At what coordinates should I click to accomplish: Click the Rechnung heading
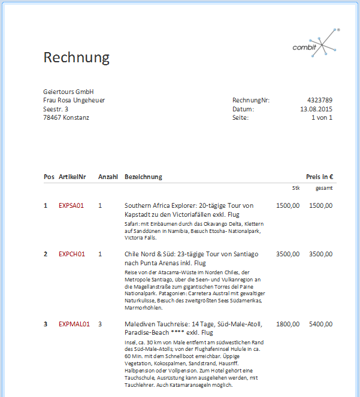click(77, 57)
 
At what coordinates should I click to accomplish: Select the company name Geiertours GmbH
click(69, 92)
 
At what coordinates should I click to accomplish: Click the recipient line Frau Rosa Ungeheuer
click(74, 100)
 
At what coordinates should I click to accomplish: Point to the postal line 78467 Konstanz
click(66, 117)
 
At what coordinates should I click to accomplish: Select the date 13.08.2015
click(316, 109)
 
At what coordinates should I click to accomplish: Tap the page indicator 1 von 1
click(322, 117)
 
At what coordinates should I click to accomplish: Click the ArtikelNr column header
click(72, 177)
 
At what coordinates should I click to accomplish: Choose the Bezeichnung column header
click(143, 177)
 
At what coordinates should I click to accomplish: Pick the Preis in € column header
click(319, 177)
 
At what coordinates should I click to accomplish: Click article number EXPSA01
click(71, 205)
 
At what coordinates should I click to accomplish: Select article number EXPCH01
click(72, 254)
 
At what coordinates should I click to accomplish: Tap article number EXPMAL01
click(74, 324)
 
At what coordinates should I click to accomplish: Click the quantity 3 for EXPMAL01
click(101, 324)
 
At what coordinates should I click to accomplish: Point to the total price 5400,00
click(320, 324)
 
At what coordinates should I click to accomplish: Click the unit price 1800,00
click(288, 324)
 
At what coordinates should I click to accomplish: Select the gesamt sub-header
click(324, 188)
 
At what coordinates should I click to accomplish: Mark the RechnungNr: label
click(251, 100)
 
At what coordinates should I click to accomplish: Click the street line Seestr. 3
click(56, 109)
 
